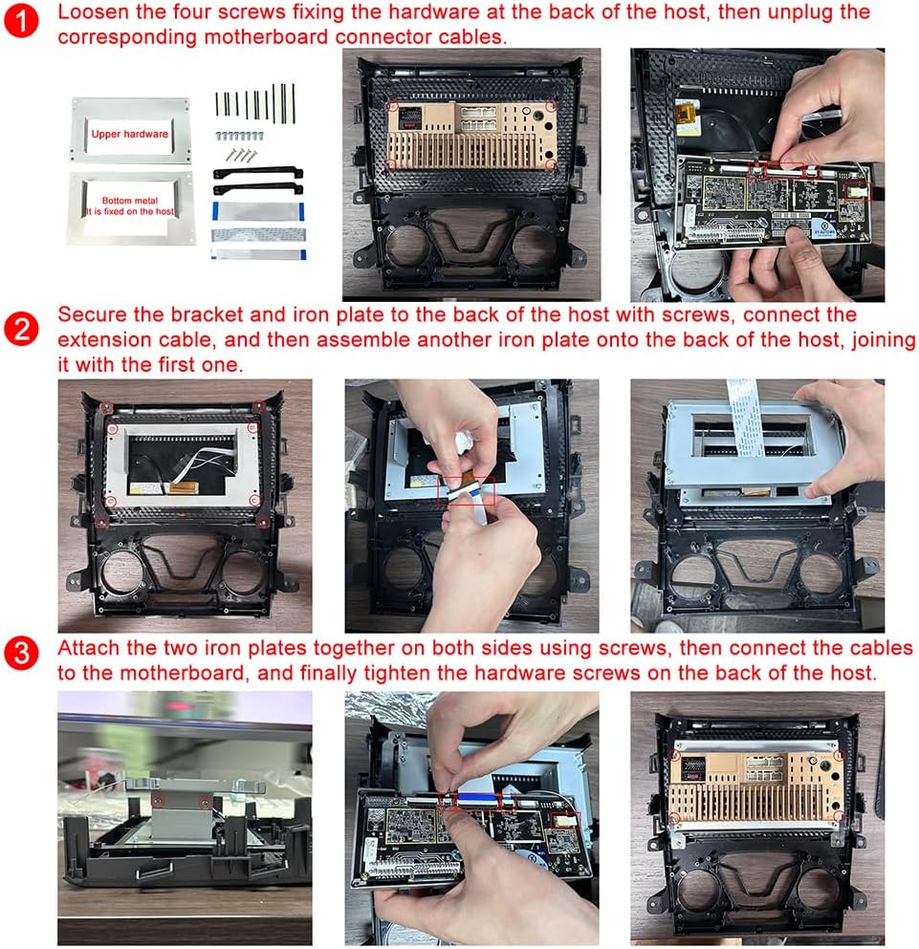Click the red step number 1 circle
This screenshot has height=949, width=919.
click(21, 20)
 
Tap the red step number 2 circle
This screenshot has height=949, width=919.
click(21, 330)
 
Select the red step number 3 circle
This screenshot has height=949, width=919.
click(21, 653)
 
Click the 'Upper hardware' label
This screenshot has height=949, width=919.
click(130, 134)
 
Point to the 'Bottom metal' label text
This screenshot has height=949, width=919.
click(130, 201)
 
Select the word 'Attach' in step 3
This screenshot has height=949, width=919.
click(88, 648)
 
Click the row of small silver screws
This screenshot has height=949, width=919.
click(239, 136)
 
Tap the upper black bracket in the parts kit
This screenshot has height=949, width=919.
click(258, 173)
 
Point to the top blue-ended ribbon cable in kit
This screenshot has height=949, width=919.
click(258, 211)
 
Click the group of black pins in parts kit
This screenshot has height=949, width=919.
click(255, 103)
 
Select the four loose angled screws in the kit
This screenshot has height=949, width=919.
click(241, 156)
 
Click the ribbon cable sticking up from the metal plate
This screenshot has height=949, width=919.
click(742, 417)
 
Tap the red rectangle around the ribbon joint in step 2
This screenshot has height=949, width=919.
click(466, 490)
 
